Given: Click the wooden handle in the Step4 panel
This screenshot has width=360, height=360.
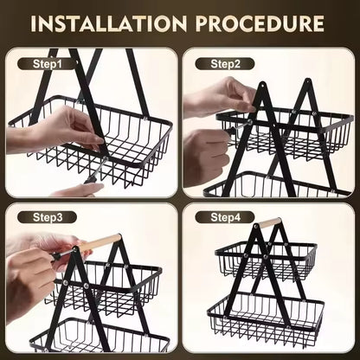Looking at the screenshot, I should click(269, 223).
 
